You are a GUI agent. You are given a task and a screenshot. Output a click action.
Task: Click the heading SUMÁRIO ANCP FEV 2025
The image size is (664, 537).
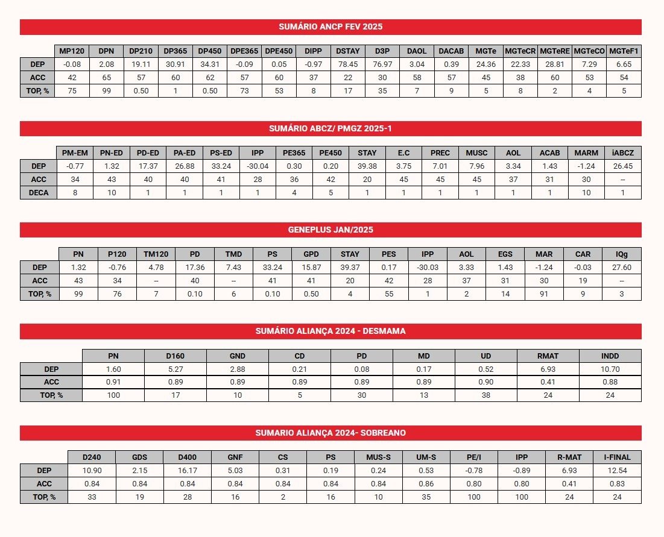pos(330,27)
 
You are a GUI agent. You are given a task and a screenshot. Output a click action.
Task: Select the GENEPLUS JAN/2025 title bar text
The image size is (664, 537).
pos(330,230)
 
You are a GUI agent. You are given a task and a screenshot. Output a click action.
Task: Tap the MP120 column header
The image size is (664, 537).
pos(72,51)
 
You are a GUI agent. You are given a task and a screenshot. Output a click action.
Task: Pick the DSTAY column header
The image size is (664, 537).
pos(348,51)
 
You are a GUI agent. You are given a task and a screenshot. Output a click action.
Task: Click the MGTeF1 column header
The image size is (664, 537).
pos(624,51)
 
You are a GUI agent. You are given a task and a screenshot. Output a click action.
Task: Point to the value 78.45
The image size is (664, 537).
pos(348,64)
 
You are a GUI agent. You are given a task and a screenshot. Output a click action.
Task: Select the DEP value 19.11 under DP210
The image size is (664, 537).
pos(141,64)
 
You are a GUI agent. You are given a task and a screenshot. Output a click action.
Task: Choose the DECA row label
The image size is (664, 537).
pos(38,193)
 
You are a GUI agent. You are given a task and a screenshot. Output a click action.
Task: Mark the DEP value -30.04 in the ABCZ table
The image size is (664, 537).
pos(258,166)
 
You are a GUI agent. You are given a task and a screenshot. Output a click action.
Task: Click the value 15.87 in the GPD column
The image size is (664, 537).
pos(311,268)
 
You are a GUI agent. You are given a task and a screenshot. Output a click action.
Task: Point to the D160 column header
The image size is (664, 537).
pos(175,356)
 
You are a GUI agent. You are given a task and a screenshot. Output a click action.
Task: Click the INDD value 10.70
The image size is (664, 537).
pos(610,369)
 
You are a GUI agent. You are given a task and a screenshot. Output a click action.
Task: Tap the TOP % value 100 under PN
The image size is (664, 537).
pos(113,395)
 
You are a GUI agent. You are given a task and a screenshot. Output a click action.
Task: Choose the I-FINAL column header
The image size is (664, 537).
pos(617,457)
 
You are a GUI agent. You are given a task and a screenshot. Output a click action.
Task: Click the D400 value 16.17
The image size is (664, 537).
pos(187,471)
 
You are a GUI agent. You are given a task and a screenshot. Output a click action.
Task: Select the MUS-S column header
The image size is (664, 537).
pos(378,457)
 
